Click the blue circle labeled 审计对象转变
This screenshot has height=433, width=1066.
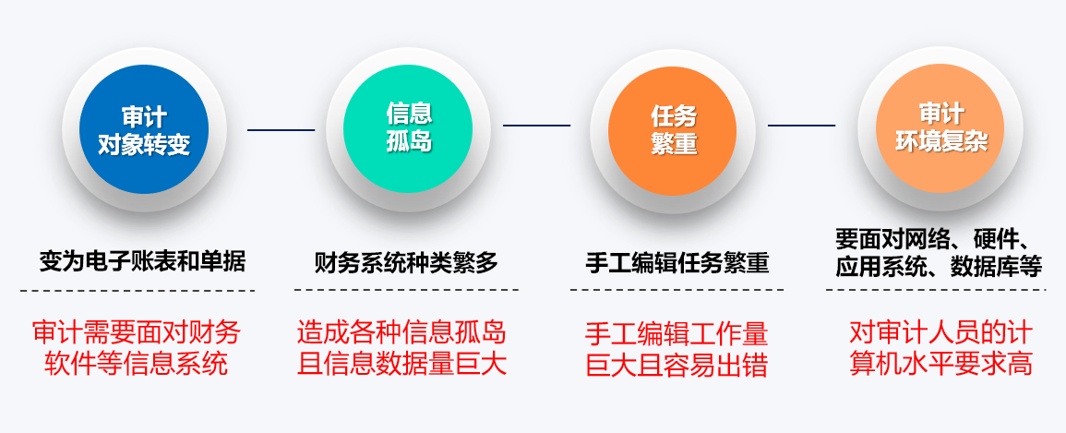pyautogui.click(x=143, y=129)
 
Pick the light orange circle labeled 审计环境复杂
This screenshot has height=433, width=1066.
pyautogui.click(x=940, y=129)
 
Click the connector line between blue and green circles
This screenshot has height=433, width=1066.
pyautogui.click(x=281, y=130)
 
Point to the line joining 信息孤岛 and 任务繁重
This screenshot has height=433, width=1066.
pyautogui.click(x=536, y=125)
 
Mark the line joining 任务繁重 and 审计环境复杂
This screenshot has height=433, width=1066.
pyautogui.click(x=801, y=125)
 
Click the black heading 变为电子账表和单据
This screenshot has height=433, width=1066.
pyautogui.click(x=142, y=261)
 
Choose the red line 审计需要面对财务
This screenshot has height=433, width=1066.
pyautogui.click(x=137, y=333)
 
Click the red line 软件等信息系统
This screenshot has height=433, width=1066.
pyautogui.click(x=136, y=365)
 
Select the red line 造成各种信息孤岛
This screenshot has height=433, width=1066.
pyautogui.click(x=401, y=333)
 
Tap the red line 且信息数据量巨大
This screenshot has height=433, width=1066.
pyautogui.click(x=401, y=365)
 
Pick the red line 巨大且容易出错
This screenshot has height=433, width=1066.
pyautogui.click(x=677, y=366)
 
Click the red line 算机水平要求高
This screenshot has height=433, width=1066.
pyautogui.click(x=940, y=364)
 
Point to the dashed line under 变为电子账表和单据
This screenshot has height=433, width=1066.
pyautogui.click(x=138, y=290)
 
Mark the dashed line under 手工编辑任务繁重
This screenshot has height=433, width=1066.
pyautogui.click(x=677, y=290)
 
